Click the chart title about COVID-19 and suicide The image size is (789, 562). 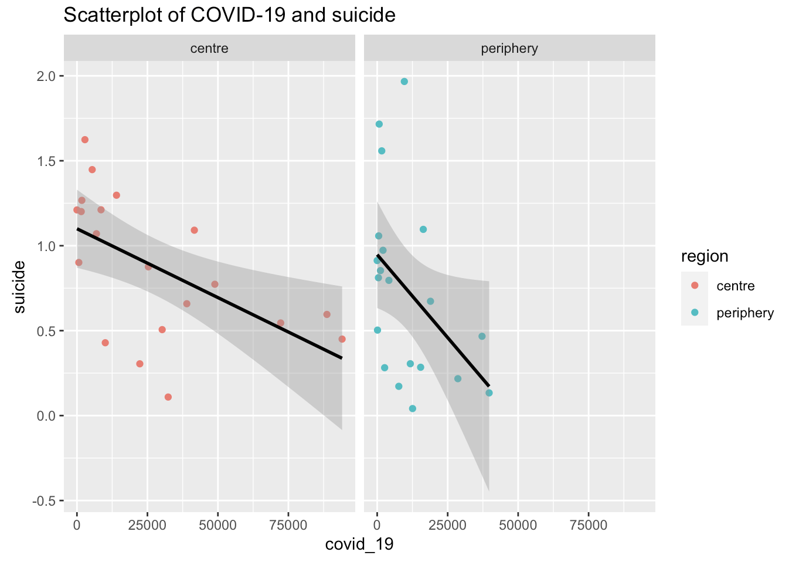[x=229, y=15]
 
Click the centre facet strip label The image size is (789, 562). [x=209, y=49]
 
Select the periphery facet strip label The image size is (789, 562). [x=509, y=49]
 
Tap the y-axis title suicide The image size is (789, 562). [x=19, y=287]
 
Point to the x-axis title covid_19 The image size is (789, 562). [x=359, y=544]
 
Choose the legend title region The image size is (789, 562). [x=705, y=256]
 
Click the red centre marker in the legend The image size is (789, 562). [x=695, y=286]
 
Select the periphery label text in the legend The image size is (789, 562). [x=745, y=313]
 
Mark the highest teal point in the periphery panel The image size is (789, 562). [x=404, y=82]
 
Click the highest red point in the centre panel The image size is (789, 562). [x=84, y=140]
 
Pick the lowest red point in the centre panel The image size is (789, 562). [x=168, y=397]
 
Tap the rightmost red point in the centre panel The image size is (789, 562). [x=342, y=339]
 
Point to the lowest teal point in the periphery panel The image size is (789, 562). [x=412, y=408]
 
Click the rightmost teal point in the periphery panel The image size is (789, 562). [x=489, y=393]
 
